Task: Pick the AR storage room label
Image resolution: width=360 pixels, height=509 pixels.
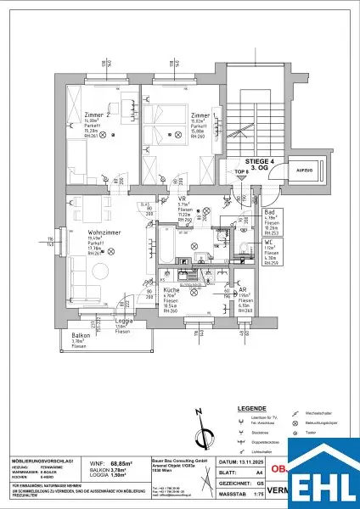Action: click(243, 288)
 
